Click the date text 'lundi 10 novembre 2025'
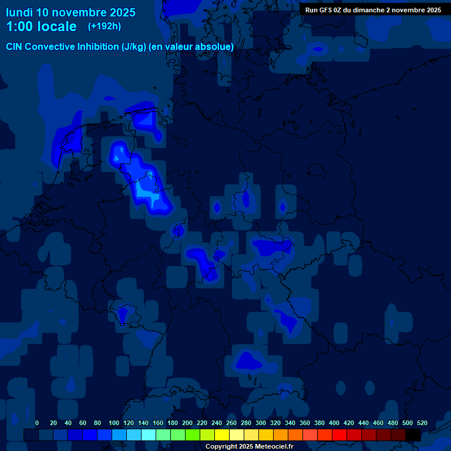pyautogui.click(x=70, y=12)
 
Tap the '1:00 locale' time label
pyautogui.click(x=41, y=26)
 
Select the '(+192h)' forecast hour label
pyautogui.click(x=105, y=26)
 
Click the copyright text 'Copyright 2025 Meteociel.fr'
pyautogui.click(x=250, y=446)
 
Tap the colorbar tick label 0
pyautogui.click(x=37, y=423)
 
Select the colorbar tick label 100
pyautogui.click(x=114, y=423)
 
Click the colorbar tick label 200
pyautogui.click(x=187, y=423)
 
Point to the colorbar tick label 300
pyautogui.click(x=261, y=423)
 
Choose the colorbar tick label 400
pyautogui.click(x=334, y=423)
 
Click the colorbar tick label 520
pyautogui.click(x=422, y=423)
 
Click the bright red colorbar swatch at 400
pyautogui.click(x=339, y=435)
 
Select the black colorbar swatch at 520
pyautogui.click(x=413, y=435)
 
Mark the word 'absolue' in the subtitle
pyautogui.click(x=216, y=46)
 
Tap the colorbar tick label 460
pyautogui.click(x=378, y=423)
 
